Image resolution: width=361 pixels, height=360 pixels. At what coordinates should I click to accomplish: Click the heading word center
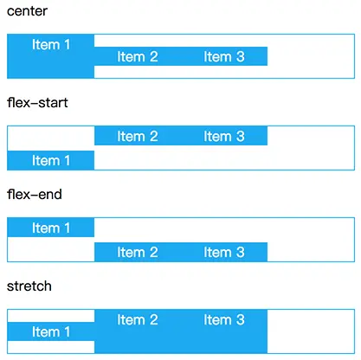coord(27,11)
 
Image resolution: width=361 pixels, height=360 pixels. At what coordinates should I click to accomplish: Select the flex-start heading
coord(37,103)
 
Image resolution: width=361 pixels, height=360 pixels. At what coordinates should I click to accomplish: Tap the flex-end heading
coord(35,195)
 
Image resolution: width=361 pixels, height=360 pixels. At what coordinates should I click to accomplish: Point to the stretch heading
coord(29,286)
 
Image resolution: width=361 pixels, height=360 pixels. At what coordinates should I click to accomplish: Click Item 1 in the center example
coord(51,45)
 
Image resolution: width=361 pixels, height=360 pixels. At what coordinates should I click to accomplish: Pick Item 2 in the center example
coord(138,56)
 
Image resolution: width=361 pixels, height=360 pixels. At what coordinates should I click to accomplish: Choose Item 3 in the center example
coord(224,56)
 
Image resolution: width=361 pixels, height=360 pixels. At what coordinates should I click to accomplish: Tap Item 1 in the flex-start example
coord(51,160)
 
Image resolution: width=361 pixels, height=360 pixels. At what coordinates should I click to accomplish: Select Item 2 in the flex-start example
coord(138,136)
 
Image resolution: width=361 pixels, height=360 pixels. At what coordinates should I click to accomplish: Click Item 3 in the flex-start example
coord(224,136)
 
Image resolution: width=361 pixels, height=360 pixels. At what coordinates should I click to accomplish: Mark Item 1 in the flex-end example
coord(51,228)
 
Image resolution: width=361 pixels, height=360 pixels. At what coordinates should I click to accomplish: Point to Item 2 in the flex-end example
coord(138,252)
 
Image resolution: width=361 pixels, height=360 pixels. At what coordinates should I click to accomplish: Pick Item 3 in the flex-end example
coord(224,252)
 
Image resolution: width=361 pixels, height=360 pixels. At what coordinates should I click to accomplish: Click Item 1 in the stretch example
coord(51,331)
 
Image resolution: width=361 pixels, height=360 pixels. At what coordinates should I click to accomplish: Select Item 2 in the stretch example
coord(138,319)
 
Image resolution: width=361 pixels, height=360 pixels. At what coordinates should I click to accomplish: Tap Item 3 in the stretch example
coord(224,319)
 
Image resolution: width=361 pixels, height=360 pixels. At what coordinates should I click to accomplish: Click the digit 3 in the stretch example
coord(241,319)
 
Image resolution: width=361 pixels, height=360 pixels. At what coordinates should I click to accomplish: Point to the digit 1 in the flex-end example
coord(67,228)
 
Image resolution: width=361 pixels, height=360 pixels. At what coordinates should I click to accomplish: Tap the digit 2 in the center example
coord(153,56)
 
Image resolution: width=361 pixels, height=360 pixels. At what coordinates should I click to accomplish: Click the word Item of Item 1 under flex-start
coord(46,160)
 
